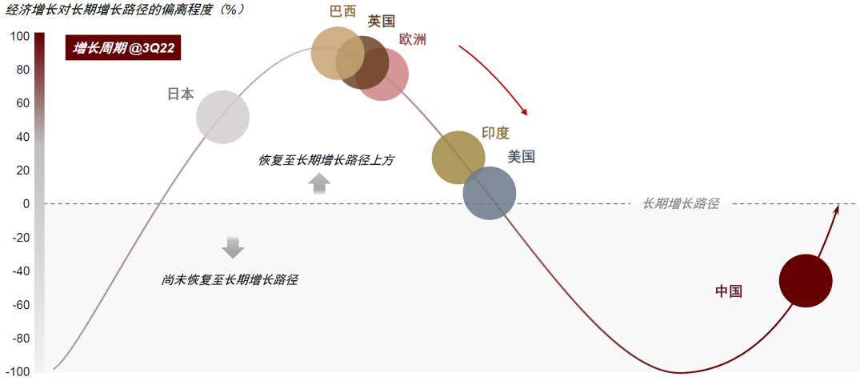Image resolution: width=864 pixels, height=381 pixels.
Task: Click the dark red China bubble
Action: (806, 281)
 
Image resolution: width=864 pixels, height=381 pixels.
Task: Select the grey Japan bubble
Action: (222, 118)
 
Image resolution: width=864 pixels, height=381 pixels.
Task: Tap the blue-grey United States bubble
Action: (490, 193)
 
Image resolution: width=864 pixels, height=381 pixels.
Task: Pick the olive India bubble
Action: (458, 158)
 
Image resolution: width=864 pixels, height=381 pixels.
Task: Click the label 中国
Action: (729, 291)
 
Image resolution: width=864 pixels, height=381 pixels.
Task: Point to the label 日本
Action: (180, 94)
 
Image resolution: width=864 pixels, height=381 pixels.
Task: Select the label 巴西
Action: (342, 12)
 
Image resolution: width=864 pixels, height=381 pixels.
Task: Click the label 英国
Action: (382, 22)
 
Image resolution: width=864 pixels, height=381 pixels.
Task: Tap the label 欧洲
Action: (413, 39)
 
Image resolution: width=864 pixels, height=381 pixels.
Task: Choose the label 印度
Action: (495, 133)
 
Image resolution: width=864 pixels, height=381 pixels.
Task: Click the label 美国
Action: (521, 157)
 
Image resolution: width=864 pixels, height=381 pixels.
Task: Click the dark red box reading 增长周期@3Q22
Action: (124, 49)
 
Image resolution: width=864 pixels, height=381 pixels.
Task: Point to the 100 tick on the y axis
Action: (21, 36)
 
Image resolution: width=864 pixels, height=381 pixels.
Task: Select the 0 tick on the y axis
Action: (26, 204)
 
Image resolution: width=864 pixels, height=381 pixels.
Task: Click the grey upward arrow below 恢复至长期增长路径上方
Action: (319, 184)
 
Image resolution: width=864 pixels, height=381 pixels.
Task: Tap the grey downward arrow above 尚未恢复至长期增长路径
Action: (233, 247)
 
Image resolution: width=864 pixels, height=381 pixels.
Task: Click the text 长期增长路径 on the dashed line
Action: (681, 204)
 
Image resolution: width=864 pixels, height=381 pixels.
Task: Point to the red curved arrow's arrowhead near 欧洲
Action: (526, 111)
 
